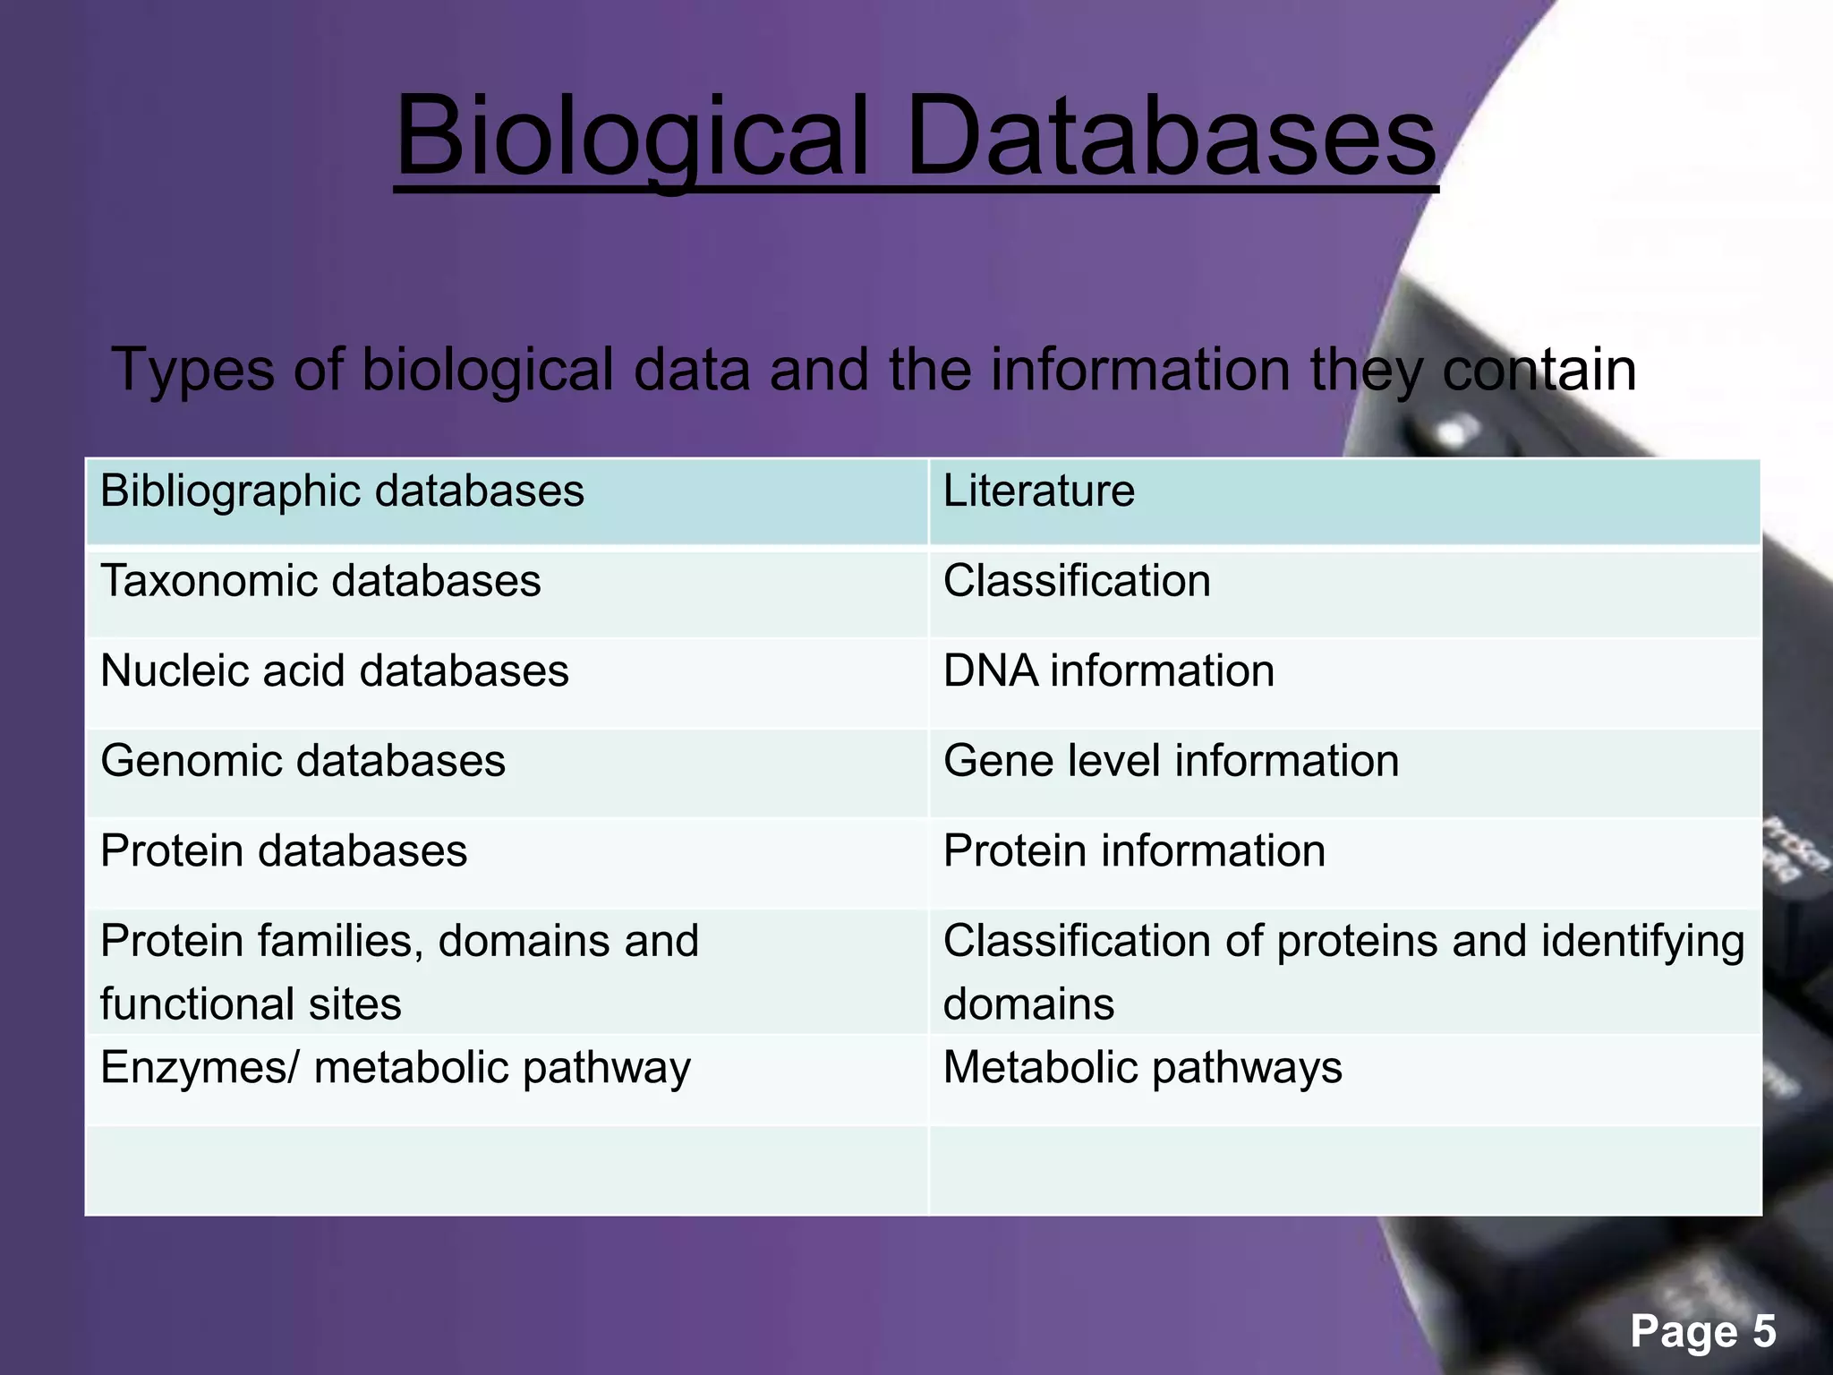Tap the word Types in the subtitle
tap(192, 369)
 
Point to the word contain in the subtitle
tap(1539, 369)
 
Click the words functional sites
tap(251, 1003)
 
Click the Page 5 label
tap(1702, 1331)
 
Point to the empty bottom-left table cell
tap(507, 1170)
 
